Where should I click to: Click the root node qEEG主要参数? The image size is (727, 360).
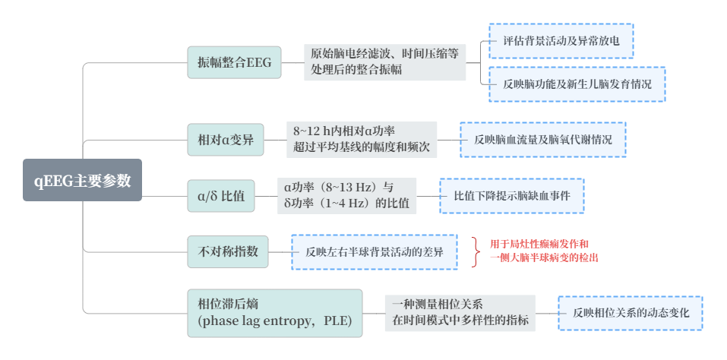point(82,181)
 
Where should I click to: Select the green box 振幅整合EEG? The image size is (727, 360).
point(234,62)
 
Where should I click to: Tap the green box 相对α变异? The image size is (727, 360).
point(226,140)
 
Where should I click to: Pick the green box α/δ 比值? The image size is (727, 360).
point(221,196)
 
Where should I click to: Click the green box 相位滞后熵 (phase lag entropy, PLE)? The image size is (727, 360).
point(274,313)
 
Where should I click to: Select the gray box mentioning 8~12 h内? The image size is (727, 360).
point(361,140)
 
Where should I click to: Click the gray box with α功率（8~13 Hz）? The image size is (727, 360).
point(346,195)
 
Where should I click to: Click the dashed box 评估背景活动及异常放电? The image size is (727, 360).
point(561,41)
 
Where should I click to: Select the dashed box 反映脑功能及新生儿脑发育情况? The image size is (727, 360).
point(577,84)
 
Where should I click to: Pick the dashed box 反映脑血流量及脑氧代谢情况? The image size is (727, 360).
point(543,140)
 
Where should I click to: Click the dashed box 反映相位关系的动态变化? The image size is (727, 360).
point(631,312)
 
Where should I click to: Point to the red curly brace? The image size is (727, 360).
point(476,251)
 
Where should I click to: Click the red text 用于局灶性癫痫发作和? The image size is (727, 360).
point(539,245)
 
